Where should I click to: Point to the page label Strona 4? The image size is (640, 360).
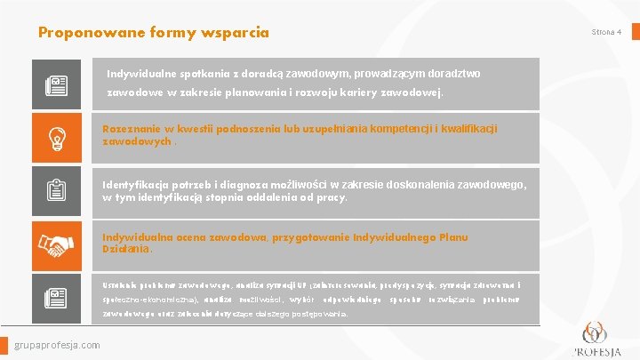(x=607, y=32)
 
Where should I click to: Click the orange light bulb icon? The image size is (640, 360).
(x=58, y=138)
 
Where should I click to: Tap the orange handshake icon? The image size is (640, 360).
(x=58, y=244)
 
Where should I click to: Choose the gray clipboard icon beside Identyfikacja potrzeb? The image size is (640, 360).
(x=58, y=191)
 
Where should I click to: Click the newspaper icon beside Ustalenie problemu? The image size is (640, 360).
(x=58, y=298)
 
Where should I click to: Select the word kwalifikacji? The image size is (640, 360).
(x=468, y=129)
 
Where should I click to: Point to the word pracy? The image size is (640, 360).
(x=330, y=197)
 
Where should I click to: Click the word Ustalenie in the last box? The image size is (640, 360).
(x=121, y=285)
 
